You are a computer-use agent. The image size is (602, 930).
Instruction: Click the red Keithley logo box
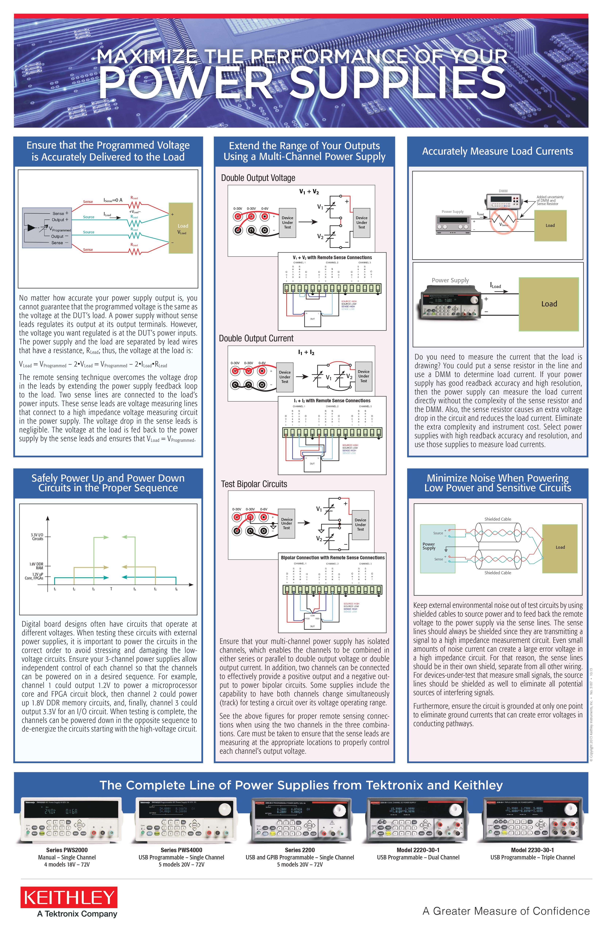(69, 897)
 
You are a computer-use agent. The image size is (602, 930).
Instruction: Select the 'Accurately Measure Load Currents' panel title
(497, 151)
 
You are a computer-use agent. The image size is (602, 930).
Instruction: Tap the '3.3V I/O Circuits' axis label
(37, 537)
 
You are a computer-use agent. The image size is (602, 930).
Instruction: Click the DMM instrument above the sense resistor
(503, 200)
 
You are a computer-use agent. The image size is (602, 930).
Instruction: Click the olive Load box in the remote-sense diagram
(181, 228)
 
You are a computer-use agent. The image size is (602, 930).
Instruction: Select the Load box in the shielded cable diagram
(560, 547)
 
